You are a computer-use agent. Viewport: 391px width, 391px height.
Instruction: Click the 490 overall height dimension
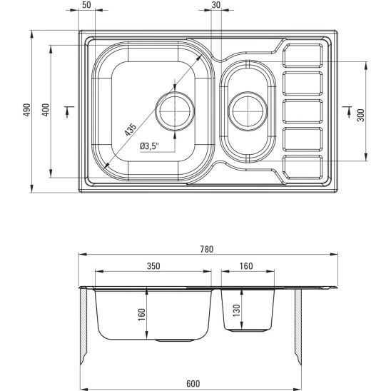[x=26, y=110]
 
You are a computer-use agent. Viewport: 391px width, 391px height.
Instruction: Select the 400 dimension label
[x=46, y=110]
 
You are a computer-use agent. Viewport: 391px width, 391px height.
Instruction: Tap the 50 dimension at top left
[x=86, y=5]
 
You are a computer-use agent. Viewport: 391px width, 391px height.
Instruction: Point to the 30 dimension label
[x=216, y=5]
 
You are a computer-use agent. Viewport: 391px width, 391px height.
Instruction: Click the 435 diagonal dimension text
[x=131, y=130]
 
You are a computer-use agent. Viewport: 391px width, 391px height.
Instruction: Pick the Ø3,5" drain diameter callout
[x=149, y=146]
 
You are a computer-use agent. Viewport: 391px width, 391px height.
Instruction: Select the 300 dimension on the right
[x=361, y=115]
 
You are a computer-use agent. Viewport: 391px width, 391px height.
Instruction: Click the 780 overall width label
[x=207, y=249]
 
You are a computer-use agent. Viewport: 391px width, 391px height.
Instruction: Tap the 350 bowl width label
[x=153, y=266]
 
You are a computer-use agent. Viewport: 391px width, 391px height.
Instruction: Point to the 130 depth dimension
[x=236, y=310]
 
